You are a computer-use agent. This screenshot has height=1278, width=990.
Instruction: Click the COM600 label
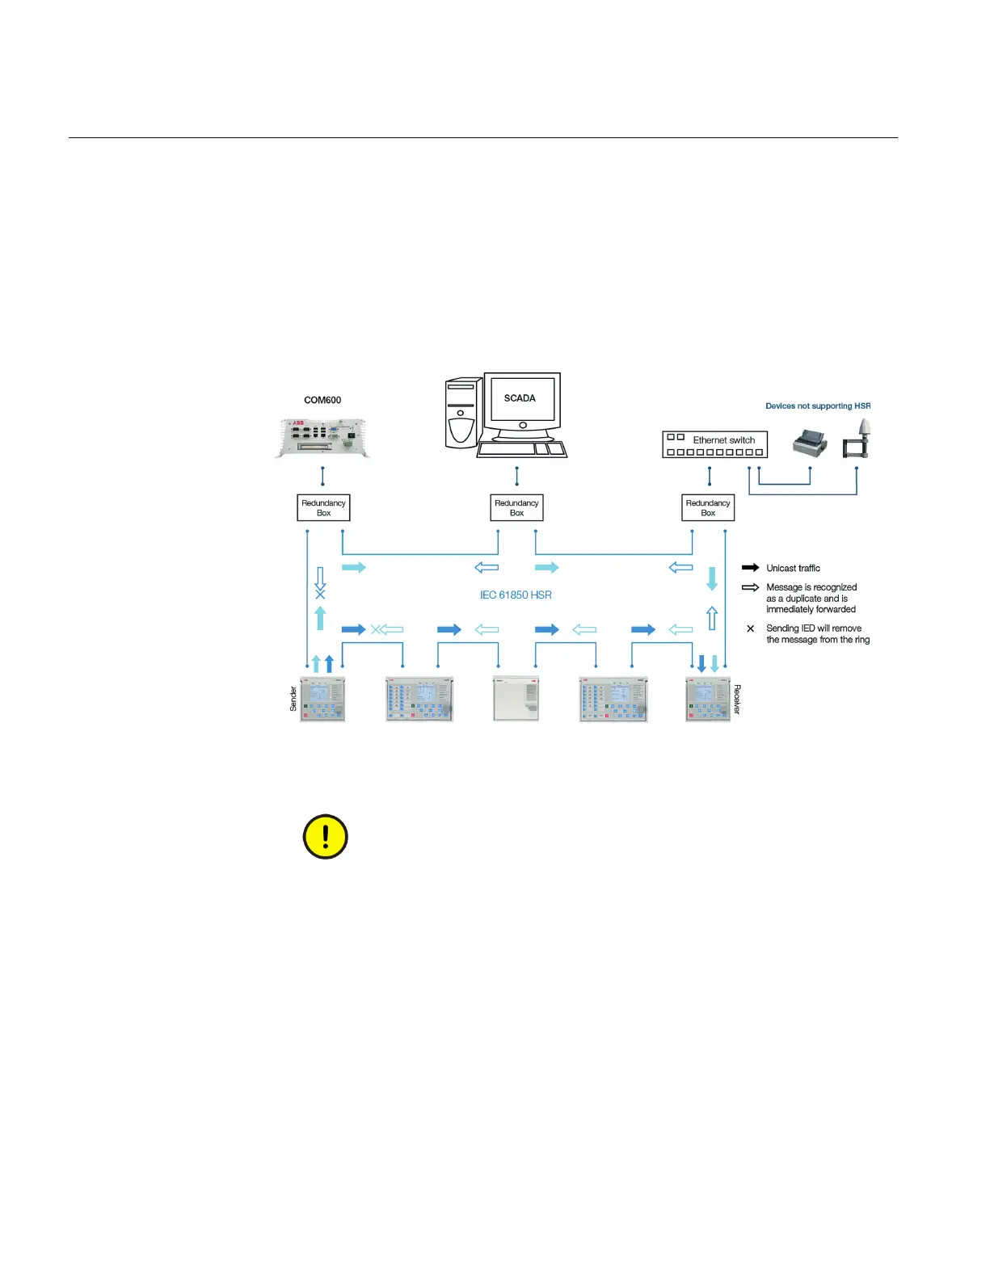(x=322, y=400)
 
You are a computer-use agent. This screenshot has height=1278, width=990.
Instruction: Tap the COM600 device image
(x=323, y=438)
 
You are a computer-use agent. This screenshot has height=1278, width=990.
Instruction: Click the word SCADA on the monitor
(x=520, y=398)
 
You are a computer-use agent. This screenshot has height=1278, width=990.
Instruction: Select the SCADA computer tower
(x=461, y=414)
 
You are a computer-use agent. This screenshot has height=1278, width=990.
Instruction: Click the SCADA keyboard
(x=521, y=449)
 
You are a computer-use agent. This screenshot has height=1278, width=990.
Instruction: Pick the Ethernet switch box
(x=714, y=444)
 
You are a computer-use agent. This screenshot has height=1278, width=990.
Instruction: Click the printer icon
(x=810, y=443)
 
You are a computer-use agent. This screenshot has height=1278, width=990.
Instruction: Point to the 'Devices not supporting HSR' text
(x=817, y=406)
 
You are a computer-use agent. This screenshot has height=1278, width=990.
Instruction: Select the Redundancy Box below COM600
(x=323, y=508)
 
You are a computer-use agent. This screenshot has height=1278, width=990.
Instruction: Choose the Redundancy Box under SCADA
(x=516, y=508)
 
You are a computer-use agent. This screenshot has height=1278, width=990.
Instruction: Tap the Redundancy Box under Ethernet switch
(x=708, y=508)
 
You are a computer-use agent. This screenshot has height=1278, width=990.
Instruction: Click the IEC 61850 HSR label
(x=516, y=595)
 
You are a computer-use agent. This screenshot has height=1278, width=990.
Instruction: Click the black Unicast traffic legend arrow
(x=750, y=568)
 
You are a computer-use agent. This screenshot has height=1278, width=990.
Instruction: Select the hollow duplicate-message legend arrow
(x=750, y=587)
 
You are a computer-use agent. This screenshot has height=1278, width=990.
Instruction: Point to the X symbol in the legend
(x=750, y=628)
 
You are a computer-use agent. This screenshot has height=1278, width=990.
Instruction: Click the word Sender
(x=293, y=699)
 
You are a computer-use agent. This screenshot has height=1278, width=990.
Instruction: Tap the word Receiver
(x=737, y=700)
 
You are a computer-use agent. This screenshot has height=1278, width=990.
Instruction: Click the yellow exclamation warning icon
(x=325, y=836)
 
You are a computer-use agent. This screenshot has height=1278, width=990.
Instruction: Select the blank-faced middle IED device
(x=516, y=699)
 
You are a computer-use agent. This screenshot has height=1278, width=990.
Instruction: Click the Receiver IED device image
(x=708, y=699)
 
